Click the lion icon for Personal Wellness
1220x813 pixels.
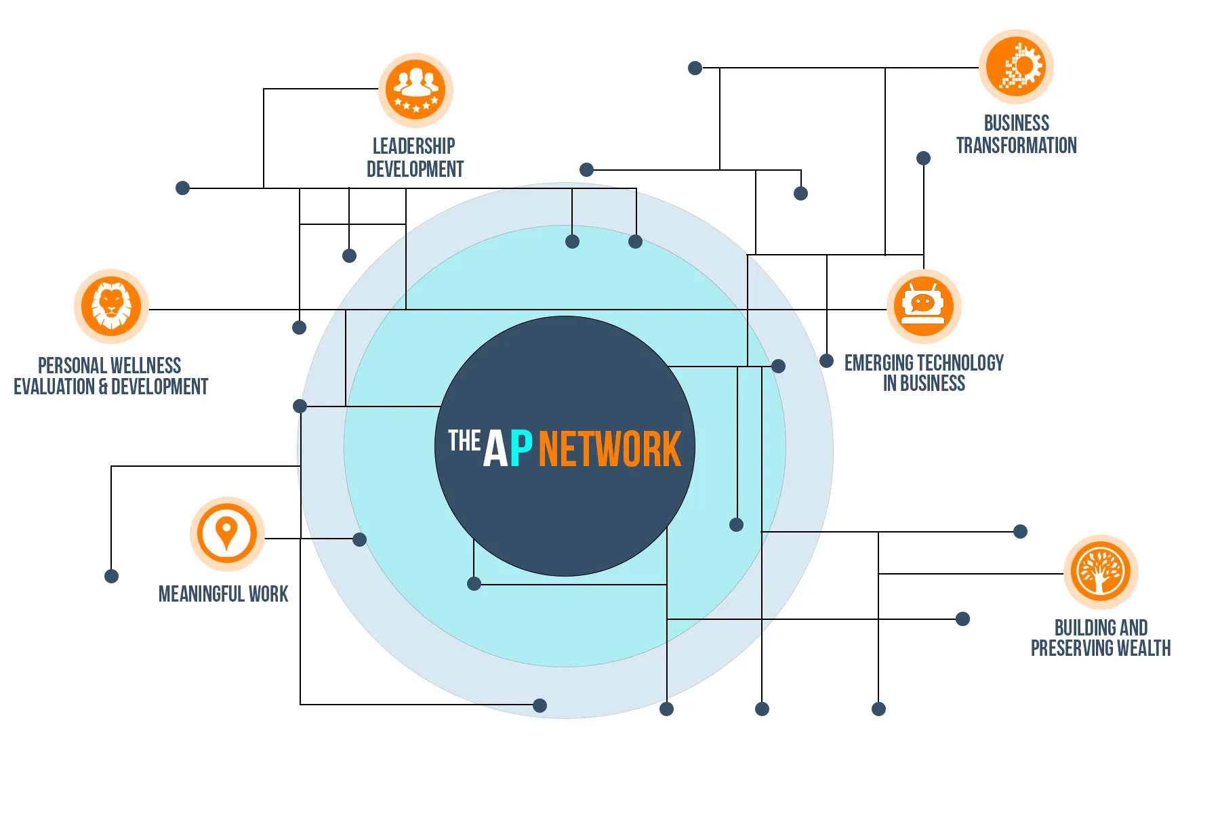pos(111,306)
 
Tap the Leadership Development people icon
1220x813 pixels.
pos(415,89)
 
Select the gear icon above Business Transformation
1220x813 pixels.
pos(1016,67)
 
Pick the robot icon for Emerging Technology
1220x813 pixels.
pos(923,306)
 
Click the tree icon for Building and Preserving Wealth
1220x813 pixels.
pos(1101,572)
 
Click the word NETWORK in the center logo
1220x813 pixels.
pos(609,449)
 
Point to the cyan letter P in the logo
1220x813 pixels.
pos(521,449)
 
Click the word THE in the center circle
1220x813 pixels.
pos(464,440)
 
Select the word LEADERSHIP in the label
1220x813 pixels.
pos(414,146)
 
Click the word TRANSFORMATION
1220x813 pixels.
pos(1016,146)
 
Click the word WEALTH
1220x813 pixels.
pos(1143,648)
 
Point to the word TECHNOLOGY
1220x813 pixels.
pos(961,363)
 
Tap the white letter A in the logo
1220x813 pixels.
pos(495,449)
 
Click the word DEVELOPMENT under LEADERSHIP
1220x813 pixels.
pos(415,169)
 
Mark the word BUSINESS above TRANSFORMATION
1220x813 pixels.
pos(1016,123)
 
